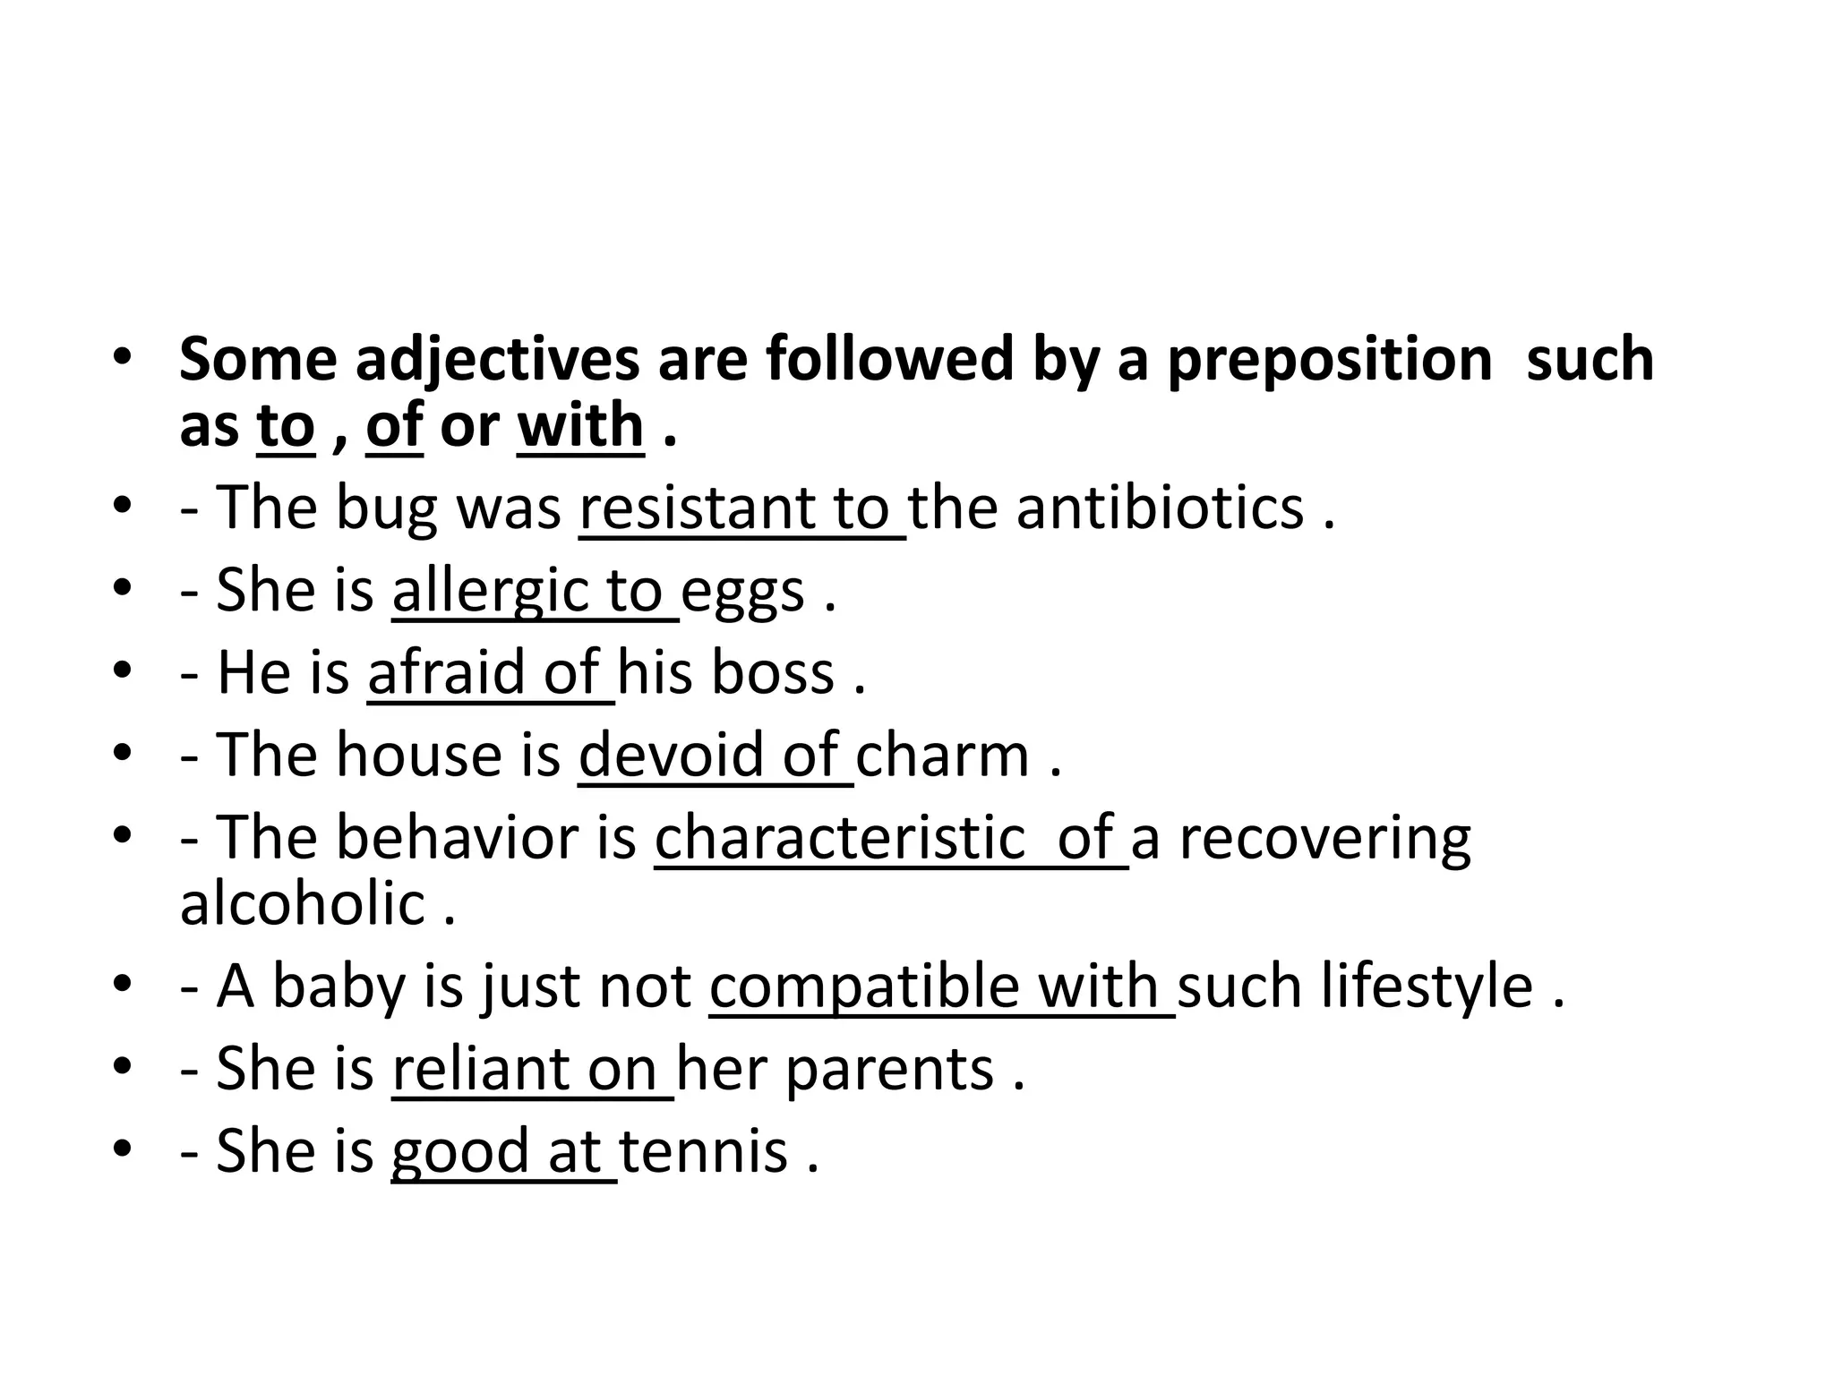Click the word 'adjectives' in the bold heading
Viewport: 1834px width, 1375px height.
point(497,360)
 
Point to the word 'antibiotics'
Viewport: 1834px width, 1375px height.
point(1160,508)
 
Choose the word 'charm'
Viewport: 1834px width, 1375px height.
point(943,755)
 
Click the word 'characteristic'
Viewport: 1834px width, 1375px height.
point(840,838)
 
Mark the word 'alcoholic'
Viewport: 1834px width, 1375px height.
point(303,903)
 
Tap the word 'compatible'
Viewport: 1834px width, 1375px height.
point(864,986)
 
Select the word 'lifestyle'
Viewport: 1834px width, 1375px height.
point(1427,986)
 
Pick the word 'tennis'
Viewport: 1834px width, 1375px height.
point(704,1150)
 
